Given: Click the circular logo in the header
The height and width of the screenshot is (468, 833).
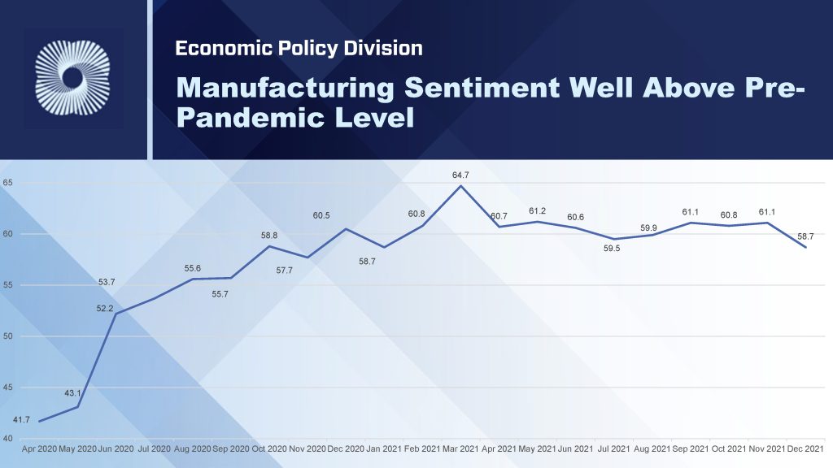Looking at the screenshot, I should pyautogui.click(x=72, y=78).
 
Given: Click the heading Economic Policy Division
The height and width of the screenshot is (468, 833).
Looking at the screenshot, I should pyautogui.click(x=299, y=49).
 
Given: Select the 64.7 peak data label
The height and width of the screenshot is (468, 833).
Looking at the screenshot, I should pyautogui.click(x=461, y=175).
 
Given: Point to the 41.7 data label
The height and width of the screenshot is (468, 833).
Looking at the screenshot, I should pyautogui.click(x=22, y=420).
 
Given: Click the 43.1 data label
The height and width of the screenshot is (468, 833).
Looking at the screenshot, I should pyautogui.click(x=73, y=393).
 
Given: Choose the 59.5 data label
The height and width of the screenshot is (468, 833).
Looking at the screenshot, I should pyautogui.click(x=612, y=249).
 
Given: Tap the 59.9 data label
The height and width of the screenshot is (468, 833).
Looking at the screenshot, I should pyautogui.click(x=648, y=228).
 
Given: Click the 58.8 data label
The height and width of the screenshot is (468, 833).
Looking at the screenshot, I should pyautogui.click(x=269, y=236).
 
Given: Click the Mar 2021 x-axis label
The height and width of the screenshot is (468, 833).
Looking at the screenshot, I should pyautogui.click(x=461, y=448).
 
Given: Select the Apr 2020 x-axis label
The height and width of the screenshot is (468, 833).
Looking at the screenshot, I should pyautogui.click(x=39, y=448).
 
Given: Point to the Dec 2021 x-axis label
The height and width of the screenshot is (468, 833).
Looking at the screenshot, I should pyautogui.click(x=805, y=448).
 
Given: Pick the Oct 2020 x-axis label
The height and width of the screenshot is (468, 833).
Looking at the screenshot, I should pyautogui.click(x=269, y=448).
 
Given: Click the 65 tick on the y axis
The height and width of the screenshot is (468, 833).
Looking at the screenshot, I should pyautogui.click(x=7, y=183).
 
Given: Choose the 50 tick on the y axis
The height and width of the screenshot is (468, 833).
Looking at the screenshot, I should pyautogui.click(x=7, y=336).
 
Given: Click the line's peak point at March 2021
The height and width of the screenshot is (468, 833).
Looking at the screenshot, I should pyautogui.click(x=461, y=186).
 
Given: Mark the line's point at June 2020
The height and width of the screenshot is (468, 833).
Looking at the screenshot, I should pyautogui.click(x=116, y=314).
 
